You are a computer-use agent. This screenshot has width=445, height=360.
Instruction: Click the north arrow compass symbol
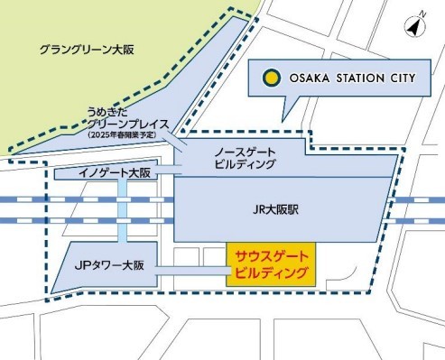(413, 28)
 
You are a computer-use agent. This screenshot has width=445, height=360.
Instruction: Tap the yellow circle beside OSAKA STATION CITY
(268, 78)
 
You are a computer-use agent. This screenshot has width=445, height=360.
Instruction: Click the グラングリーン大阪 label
(86, 50)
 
